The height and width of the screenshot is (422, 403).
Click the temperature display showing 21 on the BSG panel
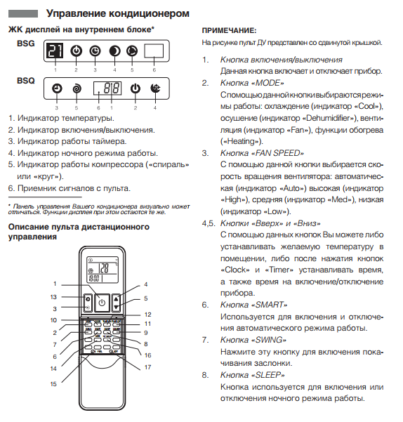55,51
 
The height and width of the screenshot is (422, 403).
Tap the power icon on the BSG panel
76,51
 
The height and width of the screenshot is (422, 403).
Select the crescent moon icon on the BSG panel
114,51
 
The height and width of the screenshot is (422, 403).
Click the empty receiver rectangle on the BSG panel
154,51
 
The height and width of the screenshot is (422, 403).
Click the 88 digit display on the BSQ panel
107,88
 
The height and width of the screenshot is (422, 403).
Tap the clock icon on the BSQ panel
57,88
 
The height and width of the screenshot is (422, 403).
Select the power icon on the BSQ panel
135,88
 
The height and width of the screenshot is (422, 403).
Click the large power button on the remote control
102,303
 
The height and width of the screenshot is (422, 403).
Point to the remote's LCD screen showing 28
103,270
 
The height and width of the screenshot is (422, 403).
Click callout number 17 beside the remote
147,367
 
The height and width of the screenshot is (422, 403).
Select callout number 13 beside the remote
53,297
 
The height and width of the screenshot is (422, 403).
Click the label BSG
26,44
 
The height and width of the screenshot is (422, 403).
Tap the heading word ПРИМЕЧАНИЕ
229,31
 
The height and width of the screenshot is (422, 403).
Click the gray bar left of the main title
23,14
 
